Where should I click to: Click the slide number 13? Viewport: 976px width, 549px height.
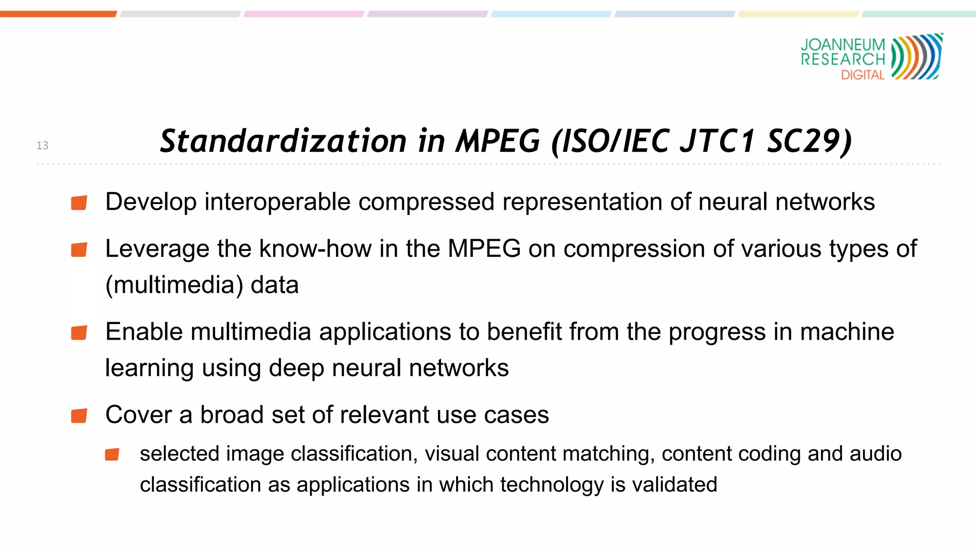(x=42, y=145)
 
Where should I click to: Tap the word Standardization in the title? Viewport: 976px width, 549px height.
(x=283, y=141)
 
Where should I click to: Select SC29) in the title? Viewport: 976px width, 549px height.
(x=809, y=141)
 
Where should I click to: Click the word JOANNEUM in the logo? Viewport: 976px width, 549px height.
(x=843, y=45)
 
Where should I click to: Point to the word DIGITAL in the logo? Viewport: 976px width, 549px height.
(x=863, y=75)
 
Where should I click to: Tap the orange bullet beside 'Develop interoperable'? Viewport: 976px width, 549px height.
(x=79, y=203)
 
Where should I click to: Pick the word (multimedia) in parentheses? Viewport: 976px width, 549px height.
(x=174, y=285)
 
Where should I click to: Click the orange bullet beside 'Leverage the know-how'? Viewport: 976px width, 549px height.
(x=79, y=250)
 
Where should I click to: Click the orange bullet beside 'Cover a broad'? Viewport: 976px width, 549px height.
(x=79, y=416)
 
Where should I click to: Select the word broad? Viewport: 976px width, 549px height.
(x=232, y=414)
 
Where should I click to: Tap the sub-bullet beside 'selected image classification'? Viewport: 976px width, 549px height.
(x=112, y=454)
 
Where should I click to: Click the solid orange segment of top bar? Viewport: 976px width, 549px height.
(x=58, y=14)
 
